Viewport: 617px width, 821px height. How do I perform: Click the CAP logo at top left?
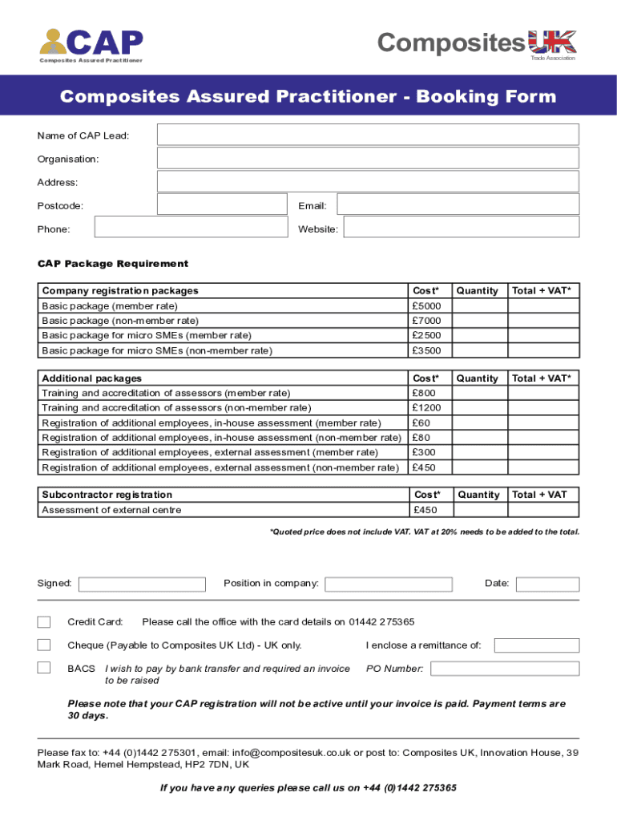(x=91, y=45)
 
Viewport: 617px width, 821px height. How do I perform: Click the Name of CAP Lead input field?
(x=368, y=135)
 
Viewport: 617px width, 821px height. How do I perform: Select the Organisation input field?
(x=368, y=158)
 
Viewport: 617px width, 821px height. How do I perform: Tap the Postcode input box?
(x=222, y=204)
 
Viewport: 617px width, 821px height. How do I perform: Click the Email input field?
(x=458, y=204)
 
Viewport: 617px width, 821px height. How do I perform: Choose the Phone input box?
(x=191, y=228)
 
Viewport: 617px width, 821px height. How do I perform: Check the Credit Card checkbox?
(x=44, y=621)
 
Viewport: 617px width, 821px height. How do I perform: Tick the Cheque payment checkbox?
(x=44, y=645)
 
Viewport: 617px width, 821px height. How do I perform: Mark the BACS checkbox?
(x=44, y=667)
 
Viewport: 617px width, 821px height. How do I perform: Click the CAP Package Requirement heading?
(x=113, y=264)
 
